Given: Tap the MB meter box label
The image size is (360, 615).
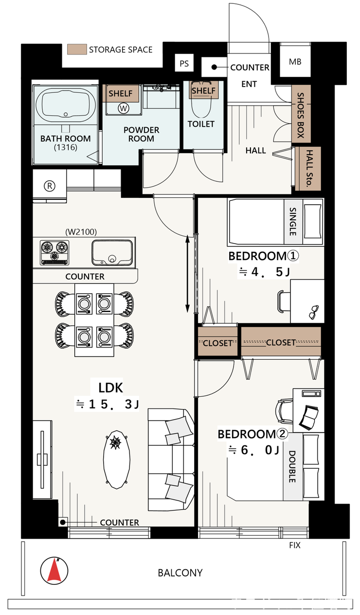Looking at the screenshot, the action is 295,62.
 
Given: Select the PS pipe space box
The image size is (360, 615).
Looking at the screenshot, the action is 184,63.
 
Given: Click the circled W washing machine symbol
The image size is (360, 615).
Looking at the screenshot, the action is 124,108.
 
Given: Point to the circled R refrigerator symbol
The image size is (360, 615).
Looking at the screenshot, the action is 50,186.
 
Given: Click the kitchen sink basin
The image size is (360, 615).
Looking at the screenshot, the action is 112,253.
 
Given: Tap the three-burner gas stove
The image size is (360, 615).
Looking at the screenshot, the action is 54,253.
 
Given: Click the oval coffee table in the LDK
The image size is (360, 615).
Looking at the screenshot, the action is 117,459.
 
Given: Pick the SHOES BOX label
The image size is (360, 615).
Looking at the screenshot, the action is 301,115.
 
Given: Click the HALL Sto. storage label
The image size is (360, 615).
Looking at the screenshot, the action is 309,168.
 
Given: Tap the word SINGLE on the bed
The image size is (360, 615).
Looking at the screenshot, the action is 293,221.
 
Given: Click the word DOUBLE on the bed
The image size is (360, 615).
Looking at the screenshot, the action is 292,467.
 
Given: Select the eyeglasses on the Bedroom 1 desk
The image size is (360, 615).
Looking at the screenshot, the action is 314,312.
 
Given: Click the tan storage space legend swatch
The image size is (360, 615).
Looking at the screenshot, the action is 77,50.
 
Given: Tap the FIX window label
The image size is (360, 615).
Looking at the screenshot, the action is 295,545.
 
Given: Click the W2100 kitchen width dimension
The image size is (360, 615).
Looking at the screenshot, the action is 81,232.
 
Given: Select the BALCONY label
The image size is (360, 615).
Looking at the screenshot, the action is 180,573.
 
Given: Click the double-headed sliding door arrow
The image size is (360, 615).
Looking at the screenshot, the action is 187,274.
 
